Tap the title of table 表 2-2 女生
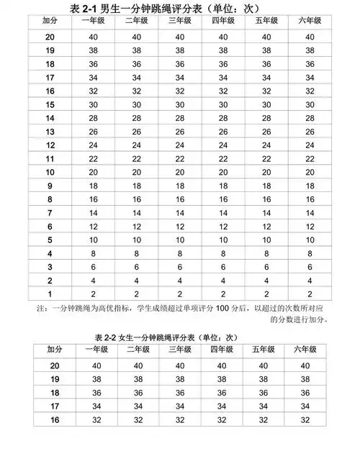pos(178,336)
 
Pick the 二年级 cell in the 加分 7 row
pos(137,213)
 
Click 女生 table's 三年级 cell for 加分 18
pos(180,393)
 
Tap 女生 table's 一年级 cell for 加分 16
pos(96,420)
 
